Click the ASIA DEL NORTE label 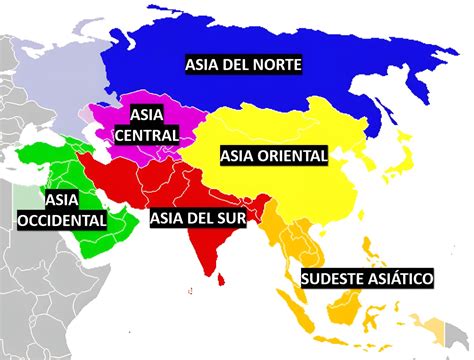coord(243,65)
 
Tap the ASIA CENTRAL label coord(147,123)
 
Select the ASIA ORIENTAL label coord(274,156)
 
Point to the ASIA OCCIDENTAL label coord(61,209)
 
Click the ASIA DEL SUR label coord(205,215)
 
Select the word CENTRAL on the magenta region coord(147,134)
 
